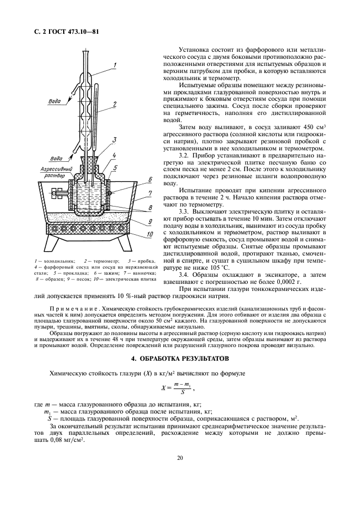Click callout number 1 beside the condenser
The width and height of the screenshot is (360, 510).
coord(115,65)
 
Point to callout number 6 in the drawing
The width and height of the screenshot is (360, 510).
coord(150,179)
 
